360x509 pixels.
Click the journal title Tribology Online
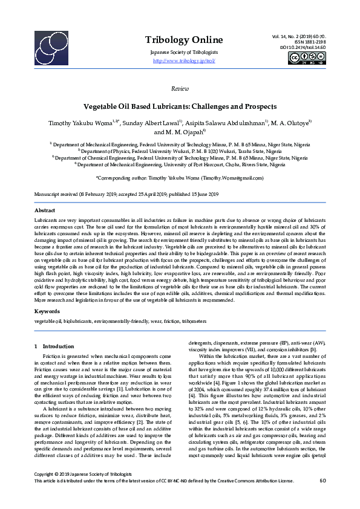coord(180,40)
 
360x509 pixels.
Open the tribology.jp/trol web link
coord(180,61)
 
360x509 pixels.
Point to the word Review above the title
coord(180,88)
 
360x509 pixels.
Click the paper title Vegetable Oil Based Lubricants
coord(180,105)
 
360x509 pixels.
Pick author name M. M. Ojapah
coord(180,132)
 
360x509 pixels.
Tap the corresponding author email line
coord(180,178)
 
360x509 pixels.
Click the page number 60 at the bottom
coord(322,497)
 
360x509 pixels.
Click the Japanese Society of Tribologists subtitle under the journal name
coord(180,53)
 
